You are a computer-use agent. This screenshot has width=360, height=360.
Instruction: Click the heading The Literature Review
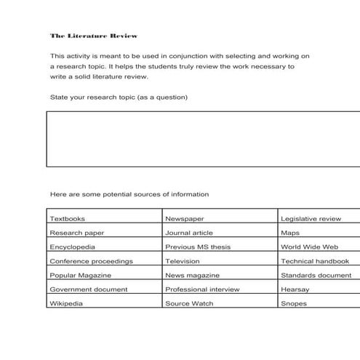point(94,36)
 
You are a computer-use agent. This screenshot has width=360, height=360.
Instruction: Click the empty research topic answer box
point(203,139)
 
